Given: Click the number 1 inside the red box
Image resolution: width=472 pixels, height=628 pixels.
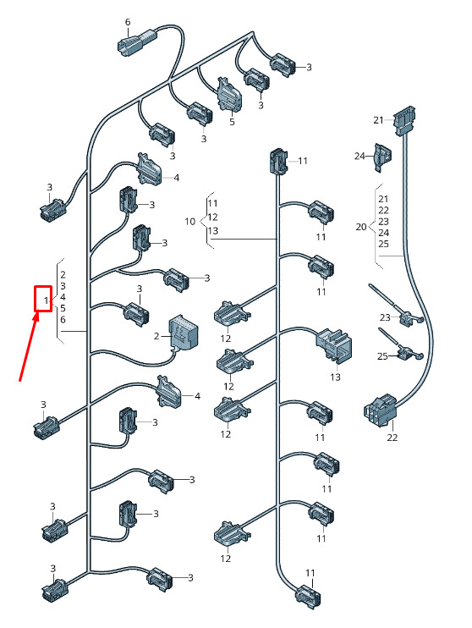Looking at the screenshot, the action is (x=46, y=300).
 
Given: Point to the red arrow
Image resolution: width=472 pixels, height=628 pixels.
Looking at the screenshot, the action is (x=29, y=346).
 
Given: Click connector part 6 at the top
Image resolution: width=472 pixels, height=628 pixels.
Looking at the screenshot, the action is (x=137, y=41).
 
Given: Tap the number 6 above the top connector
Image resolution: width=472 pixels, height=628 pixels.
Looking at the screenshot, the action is (x=128, y=22).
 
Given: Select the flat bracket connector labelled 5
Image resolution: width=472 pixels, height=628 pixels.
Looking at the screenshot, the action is (x=229, y=95).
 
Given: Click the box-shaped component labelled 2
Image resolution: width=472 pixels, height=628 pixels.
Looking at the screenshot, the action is (x=184, y=332).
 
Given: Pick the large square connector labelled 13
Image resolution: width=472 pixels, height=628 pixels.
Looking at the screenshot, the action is (x=334, y=344).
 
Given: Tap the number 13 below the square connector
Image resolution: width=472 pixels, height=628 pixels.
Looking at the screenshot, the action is (x=335, y=377).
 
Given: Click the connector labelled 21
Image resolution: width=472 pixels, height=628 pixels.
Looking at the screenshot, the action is (x=404, y=120).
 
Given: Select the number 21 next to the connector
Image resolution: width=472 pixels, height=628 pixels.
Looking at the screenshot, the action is (x=378, y=119).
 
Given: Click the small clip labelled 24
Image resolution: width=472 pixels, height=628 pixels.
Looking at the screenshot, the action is (x=382, y=157).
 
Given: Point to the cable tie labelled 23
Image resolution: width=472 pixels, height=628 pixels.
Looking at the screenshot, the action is (x=397, y=306).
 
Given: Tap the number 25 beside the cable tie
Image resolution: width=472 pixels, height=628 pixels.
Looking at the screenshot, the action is (x=382, y=356).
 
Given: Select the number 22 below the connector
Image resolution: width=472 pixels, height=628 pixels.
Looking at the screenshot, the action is (x=392, y=438).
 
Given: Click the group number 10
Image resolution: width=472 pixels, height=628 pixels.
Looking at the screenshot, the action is (x=189, y=222).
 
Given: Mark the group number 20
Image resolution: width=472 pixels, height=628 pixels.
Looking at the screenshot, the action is (x=360, y=227).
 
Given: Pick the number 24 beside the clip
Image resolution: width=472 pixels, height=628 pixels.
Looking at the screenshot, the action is (x=359, y=156).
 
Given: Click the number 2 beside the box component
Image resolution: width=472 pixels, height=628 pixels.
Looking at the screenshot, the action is (x=156, y=336).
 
